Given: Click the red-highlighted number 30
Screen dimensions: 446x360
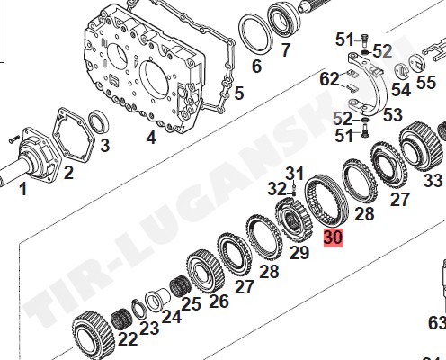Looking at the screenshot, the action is (x=334, y=238).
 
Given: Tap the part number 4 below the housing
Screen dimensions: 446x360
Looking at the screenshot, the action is (x=151, y=138).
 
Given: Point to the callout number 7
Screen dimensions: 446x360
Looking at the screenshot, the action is (x=285, y=49).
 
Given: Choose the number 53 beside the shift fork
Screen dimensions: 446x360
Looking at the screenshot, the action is (x=393, y=114).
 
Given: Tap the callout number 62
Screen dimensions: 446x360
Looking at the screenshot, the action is (x=329, y=79).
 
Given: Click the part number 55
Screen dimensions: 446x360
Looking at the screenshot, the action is (x=426, y=82).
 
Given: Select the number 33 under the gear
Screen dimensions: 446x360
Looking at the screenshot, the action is (x=433, y=181).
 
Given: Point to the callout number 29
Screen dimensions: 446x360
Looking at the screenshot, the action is (x=299, y=252).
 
